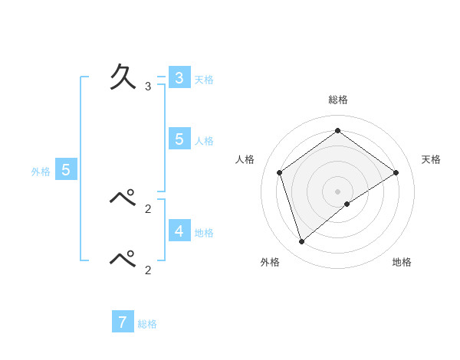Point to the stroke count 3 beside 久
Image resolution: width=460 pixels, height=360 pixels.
click(x=148, y=87)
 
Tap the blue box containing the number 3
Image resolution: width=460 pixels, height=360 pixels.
click(x=179, y=78)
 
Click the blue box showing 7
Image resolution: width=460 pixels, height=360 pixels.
click(x=123, y=322)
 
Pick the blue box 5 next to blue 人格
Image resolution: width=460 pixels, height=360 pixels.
click(x=179, y=139)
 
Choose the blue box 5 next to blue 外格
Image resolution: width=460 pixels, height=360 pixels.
click(x=66, y=170)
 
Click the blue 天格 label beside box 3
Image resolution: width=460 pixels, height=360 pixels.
click(x=204, y=79)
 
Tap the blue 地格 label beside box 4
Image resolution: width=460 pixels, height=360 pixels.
click(x=204, y=232)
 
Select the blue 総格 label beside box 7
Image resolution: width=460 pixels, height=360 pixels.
click(x=147, y=324)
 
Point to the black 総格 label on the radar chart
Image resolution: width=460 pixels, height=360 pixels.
click(x=337, y=100)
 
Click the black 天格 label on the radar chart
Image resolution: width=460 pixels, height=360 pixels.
click(x=431, y=159)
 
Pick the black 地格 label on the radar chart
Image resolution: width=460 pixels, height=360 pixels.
click(x=402, y=262)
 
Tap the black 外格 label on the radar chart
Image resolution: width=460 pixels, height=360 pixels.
click(x=270, y=262)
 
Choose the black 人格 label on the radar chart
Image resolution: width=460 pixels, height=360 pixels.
click(x=245, y=159)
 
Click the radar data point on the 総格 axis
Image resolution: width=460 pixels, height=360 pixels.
click(x=337, y=130)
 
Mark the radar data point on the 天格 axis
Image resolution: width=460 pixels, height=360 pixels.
click(x=396, y=172)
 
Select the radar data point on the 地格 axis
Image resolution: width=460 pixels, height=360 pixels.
click(x=347, y=204)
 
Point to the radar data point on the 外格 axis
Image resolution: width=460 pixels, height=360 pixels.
click(x=302, y=241)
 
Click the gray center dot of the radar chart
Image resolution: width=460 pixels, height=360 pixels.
click(x=337, y=191)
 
